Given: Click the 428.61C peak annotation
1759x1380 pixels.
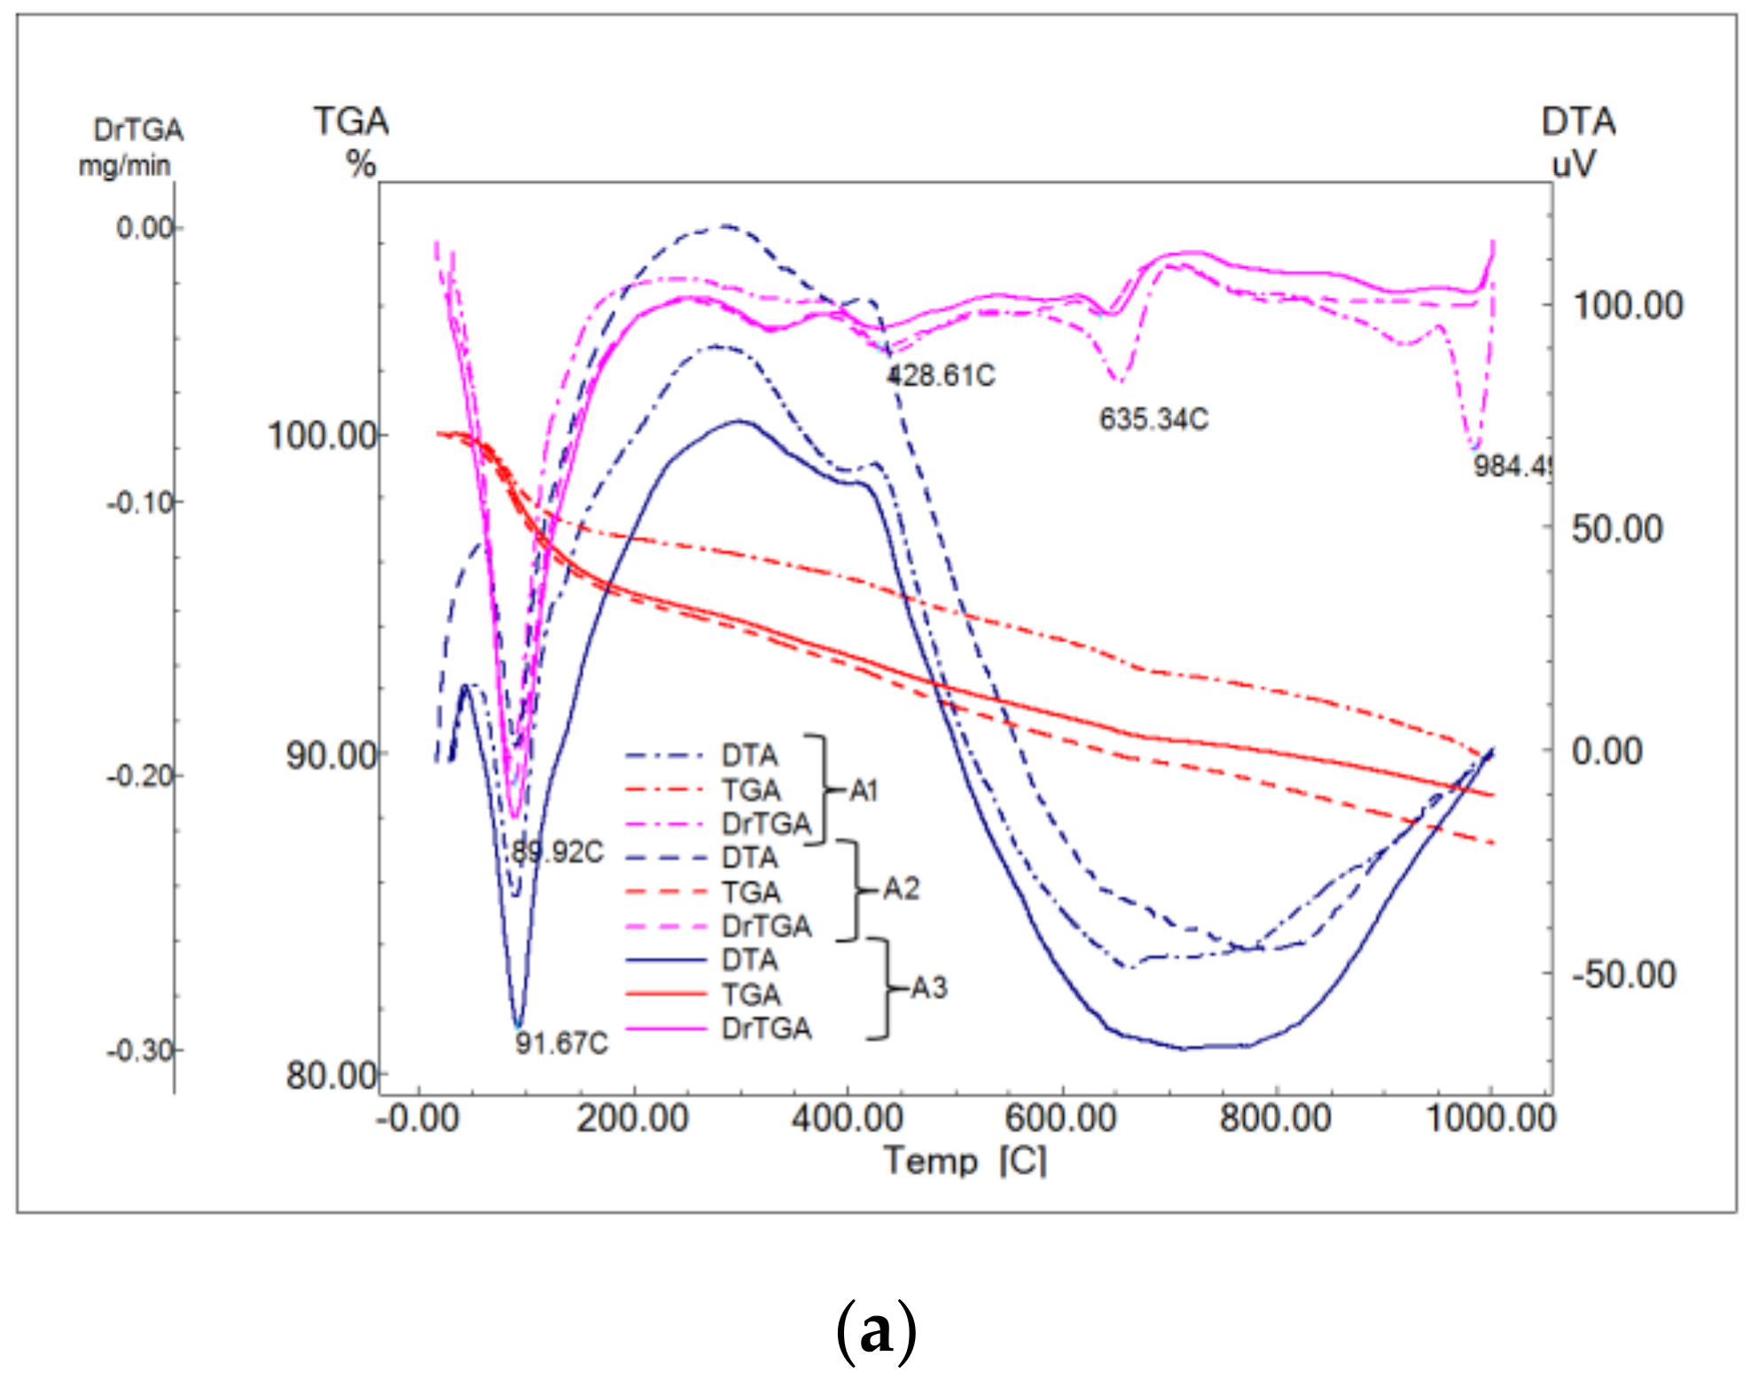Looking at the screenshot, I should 942,376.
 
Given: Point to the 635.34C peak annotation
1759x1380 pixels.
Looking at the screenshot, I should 1153,419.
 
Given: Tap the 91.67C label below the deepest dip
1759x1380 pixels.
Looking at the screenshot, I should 562,1043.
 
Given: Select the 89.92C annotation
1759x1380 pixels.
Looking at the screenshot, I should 558,852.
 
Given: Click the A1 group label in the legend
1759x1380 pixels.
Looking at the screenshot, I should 864,790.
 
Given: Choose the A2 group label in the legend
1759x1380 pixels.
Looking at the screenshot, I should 901,889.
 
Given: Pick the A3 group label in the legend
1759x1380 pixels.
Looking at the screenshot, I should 928,987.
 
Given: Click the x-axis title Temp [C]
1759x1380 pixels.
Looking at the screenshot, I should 965,1160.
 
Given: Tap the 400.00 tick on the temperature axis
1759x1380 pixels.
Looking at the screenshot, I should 848,1118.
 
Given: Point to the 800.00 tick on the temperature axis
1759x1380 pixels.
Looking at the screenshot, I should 1275,1118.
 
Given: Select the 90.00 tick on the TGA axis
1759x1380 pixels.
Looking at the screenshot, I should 331,756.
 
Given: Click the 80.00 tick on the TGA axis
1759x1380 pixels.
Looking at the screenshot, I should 331,1076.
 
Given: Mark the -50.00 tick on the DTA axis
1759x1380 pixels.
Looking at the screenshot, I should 1623,975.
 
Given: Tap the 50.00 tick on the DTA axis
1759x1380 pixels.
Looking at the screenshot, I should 1617,529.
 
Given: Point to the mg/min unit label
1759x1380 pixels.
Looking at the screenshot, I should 124,166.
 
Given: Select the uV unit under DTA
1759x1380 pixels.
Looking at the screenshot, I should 1573,164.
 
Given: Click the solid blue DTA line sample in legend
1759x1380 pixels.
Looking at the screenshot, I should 666,961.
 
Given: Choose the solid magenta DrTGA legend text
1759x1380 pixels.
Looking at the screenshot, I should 766,1029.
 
